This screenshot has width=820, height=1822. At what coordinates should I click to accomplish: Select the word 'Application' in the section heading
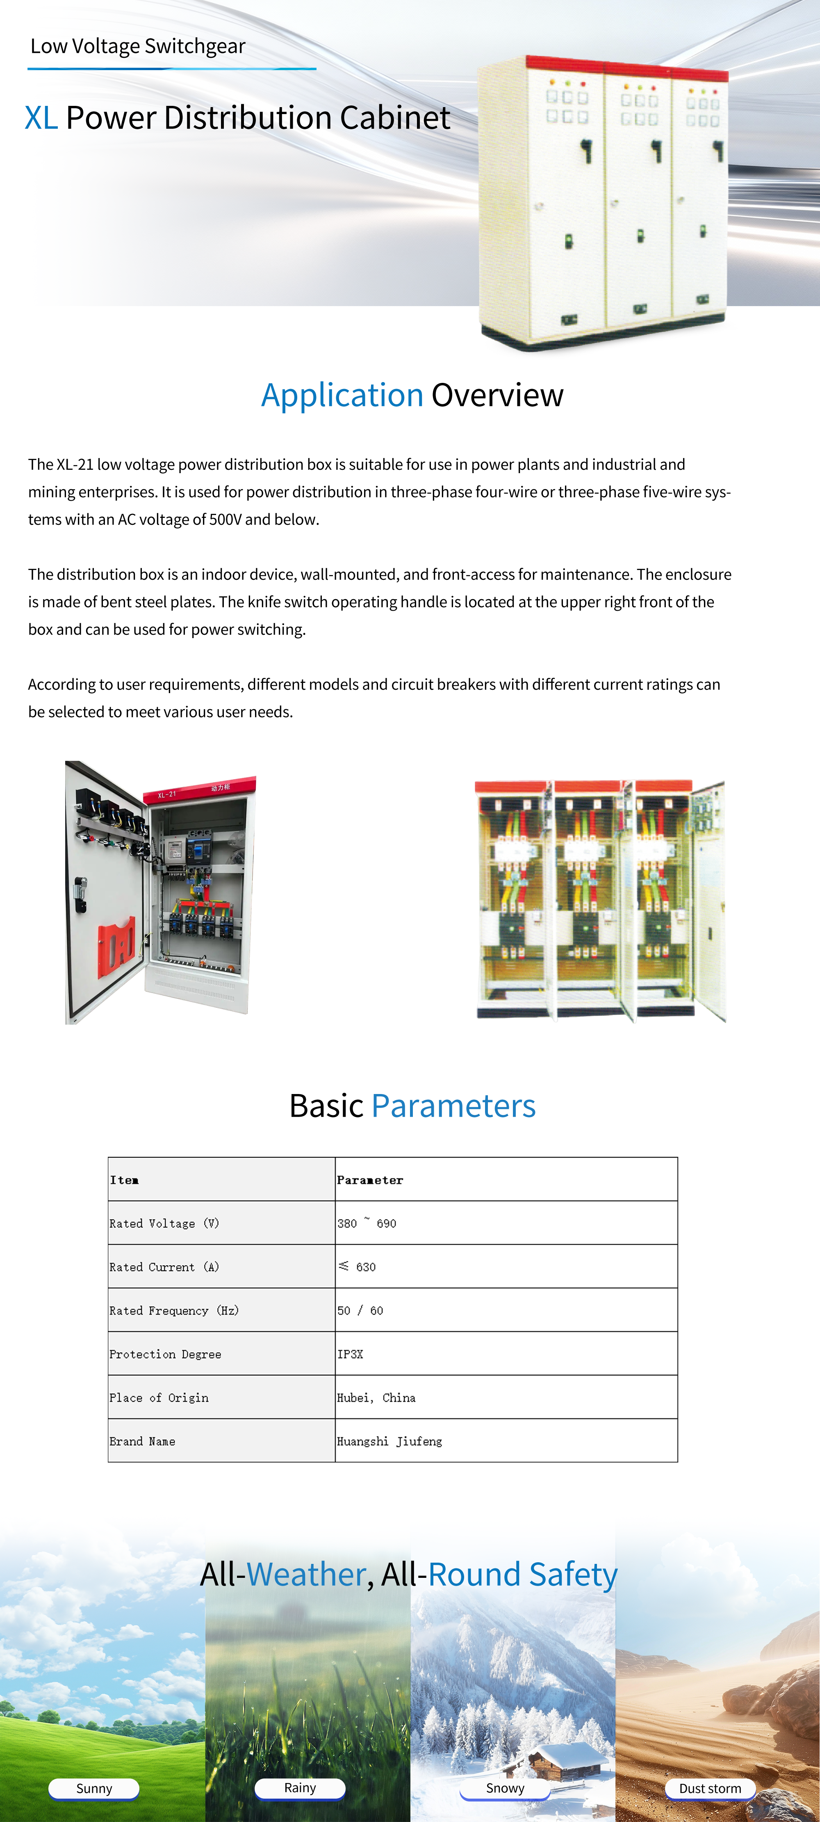[342, 395]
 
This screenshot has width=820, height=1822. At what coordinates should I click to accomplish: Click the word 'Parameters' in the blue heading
[453, 1106]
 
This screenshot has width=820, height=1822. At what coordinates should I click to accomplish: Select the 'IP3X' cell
[350, 1354]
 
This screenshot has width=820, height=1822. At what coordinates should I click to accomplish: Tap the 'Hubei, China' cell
[376, 1398]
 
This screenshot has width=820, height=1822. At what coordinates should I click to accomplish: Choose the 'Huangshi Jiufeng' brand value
[389, 1441]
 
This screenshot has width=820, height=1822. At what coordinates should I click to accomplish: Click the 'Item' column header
[124, 1180]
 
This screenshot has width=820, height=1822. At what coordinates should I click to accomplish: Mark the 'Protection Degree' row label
[165, 1354]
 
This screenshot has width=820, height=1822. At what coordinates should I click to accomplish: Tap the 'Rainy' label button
[300, 1788]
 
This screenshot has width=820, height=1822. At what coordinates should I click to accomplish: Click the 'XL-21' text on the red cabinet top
[167, 794]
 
